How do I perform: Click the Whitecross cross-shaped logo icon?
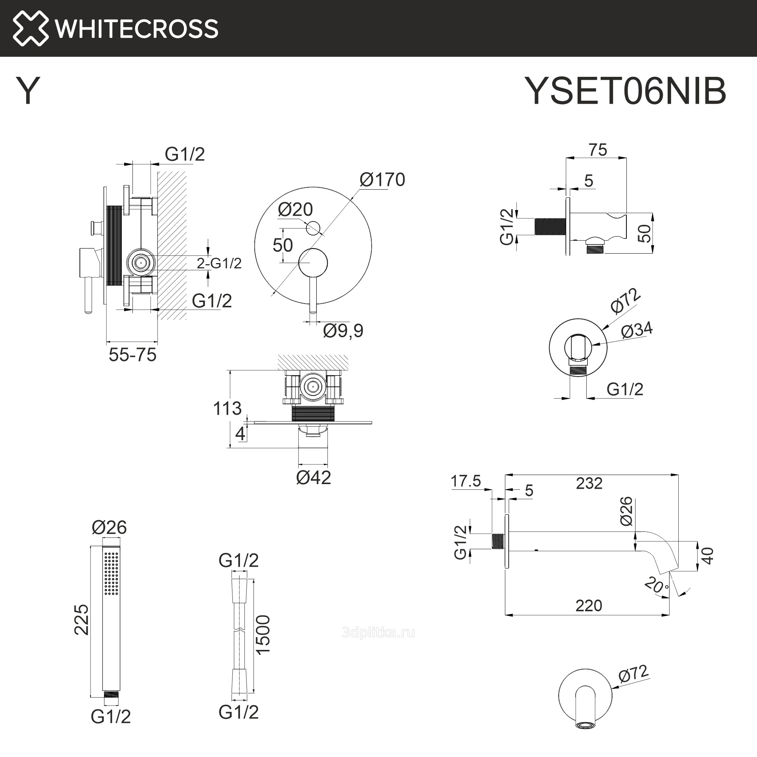[x=31, y=28]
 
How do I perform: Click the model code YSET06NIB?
[x=625, y=91]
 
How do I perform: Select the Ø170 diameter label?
[x=382, y=179]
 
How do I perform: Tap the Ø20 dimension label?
[x=295, y=209]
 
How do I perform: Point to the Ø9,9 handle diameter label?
[x=343, y=330]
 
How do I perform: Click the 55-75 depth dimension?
[x=132, y=355]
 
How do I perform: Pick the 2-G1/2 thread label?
[x=219, y=263]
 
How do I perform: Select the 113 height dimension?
[x=227, y=408]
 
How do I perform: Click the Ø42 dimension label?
[x=313, y=478]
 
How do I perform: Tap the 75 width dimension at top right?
[x=598, y=150]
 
